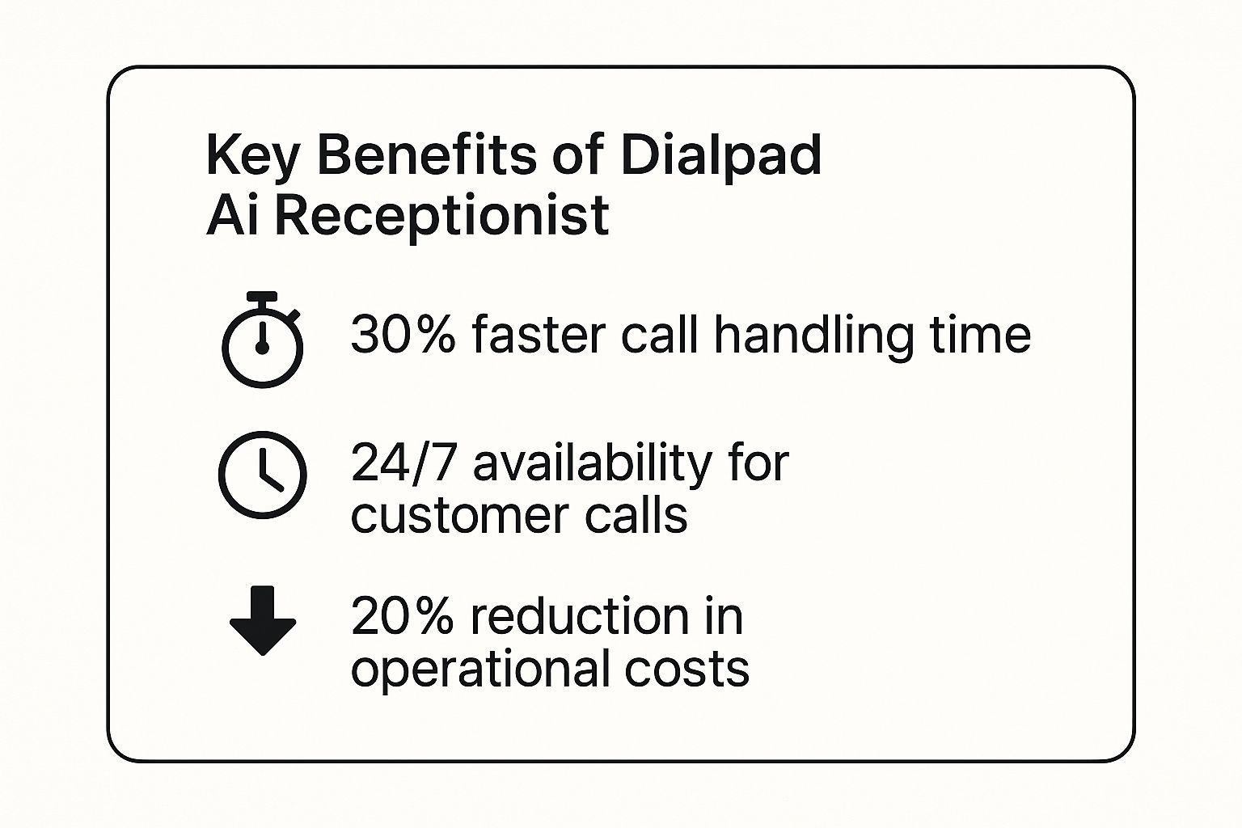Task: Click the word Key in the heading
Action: tap(252, 156)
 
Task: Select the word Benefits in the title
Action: tap(427, 154)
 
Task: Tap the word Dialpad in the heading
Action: tap(720, 156)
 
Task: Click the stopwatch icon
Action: tap(262, 340)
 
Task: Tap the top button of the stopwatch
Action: tap(262, 296)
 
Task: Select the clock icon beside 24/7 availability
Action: tap(262, 475)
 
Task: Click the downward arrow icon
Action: tap(263, 620)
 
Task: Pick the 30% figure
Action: tap(403, 335)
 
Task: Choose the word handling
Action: tap(813, 336)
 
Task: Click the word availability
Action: tap(592, 466)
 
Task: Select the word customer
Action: tap(459, 517)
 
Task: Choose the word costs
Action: tap(687, 668)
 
